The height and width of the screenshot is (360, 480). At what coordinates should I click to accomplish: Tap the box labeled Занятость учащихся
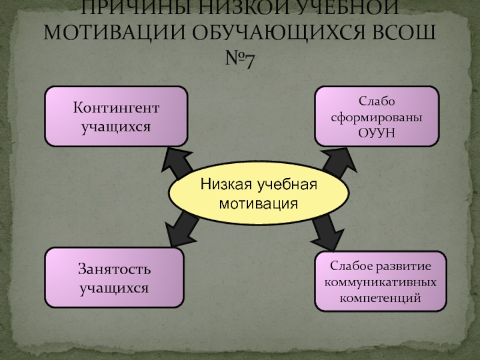click(114, 278)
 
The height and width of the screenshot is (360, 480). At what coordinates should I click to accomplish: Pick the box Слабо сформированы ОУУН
click(376, 116)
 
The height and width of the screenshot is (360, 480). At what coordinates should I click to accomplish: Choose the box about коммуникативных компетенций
click(380, 281)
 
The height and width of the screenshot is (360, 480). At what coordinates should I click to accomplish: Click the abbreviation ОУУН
click(376, 131)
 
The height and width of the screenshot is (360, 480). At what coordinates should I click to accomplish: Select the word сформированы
click(376, 116)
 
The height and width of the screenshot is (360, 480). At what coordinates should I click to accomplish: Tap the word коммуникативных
click(380, 281)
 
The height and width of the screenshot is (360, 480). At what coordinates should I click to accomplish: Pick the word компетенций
click(380, 297)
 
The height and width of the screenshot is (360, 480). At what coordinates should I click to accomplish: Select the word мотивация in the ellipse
click(259, 203)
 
